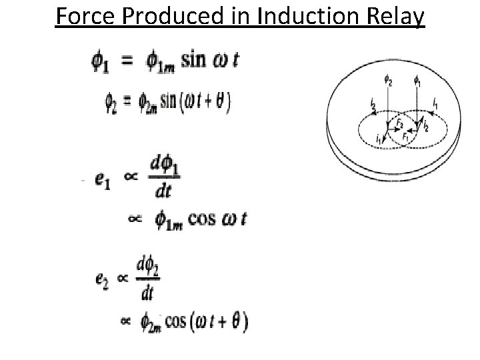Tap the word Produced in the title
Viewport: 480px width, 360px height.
163,15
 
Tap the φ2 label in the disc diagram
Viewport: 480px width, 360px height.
389,82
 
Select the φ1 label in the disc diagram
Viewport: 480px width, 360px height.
417,82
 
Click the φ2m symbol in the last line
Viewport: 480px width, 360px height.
151,323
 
